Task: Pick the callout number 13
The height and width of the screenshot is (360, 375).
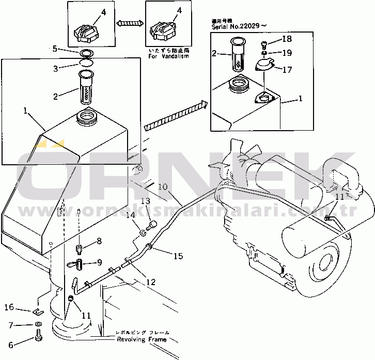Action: coord(146,200)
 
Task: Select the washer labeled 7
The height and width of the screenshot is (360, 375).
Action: coord(39,324)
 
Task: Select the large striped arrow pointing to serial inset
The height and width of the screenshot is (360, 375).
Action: coord(176,115)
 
